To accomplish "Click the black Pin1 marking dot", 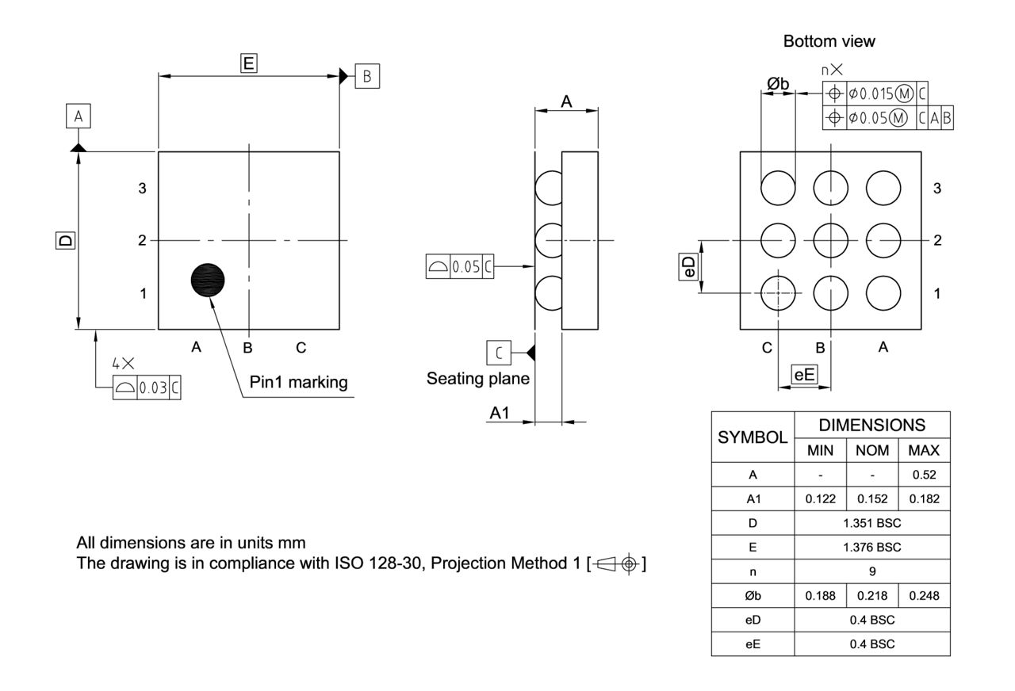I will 208,279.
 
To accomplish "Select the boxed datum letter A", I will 78,117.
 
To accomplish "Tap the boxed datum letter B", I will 367,76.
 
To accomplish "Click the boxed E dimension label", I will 249,63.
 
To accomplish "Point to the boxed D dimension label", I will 65,240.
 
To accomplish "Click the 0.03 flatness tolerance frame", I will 147,388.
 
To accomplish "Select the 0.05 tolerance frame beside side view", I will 459,267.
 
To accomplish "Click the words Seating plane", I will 478,379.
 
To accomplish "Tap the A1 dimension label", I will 500,413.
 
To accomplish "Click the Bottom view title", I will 829,41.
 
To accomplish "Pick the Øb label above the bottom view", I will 777,83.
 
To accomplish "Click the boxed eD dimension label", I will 690,267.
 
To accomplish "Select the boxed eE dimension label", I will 804,374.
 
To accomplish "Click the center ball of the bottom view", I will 830,240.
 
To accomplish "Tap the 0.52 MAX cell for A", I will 924,475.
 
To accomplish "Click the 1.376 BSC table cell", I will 871,547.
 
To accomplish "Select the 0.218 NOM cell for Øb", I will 871,595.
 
